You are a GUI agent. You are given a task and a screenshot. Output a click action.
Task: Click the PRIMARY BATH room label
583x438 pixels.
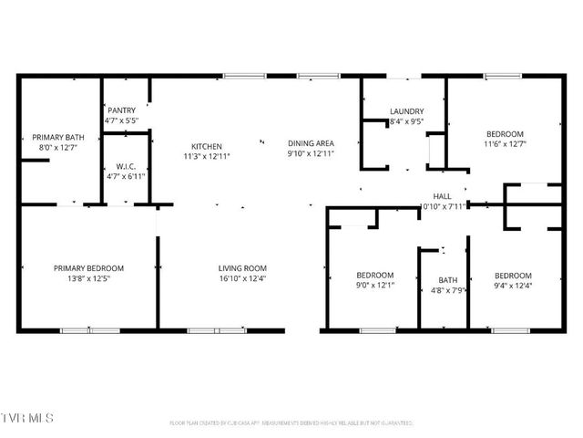pos(53,137)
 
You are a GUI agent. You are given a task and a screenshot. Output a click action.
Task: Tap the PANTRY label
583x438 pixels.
pos(121,109)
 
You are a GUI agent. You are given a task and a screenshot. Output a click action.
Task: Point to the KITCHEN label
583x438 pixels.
pos(206,147)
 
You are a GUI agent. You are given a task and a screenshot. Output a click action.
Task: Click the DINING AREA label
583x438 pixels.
pos(312,143)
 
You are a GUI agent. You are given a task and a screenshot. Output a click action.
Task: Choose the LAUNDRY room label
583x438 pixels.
pos(406,111)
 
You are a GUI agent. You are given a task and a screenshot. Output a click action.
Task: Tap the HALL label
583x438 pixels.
pos(443,196)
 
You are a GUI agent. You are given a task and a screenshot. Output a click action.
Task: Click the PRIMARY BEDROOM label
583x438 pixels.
pos(88,268)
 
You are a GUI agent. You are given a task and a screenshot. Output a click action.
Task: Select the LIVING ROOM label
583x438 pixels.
pos(242,268)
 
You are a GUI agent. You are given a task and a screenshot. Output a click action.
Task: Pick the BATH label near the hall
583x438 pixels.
pos(447,280)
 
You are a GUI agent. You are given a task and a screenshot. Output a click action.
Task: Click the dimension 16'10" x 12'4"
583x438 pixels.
pos(242,278)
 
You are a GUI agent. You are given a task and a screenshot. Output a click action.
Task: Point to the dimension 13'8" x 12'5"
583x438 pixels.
pos(88,278)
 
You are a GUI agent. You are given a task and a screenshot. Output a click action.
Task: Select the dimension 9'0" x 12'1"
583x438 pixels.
pos(374,286)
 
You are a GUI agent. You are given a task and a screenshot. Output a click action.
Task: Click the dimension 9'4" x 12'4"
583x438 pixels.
pos(513,286)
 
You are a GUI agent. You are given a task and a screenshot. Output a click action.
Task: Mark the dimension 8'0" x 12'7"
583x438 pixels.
pos(53,148)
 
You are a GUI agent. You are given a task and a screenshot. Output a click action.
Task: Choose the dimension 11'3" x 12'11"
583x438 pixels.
pos(206,157)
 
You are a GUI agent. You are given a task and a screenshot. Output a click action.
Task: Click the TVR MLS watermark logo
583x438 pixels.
pos(27,417)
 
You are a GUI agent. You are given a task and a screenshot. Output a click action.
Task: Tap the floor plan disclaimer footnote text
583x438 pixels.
pos(291,422)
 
